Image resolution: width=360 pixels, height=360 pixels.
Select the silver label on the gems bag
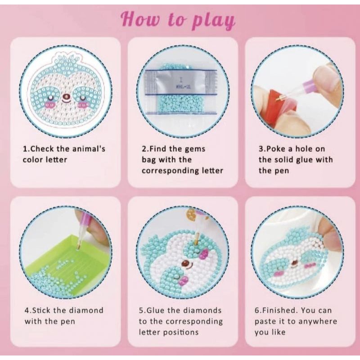click(181, 82)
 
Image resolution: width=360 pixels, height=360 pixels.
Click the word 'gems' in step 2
click(195, 149)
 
